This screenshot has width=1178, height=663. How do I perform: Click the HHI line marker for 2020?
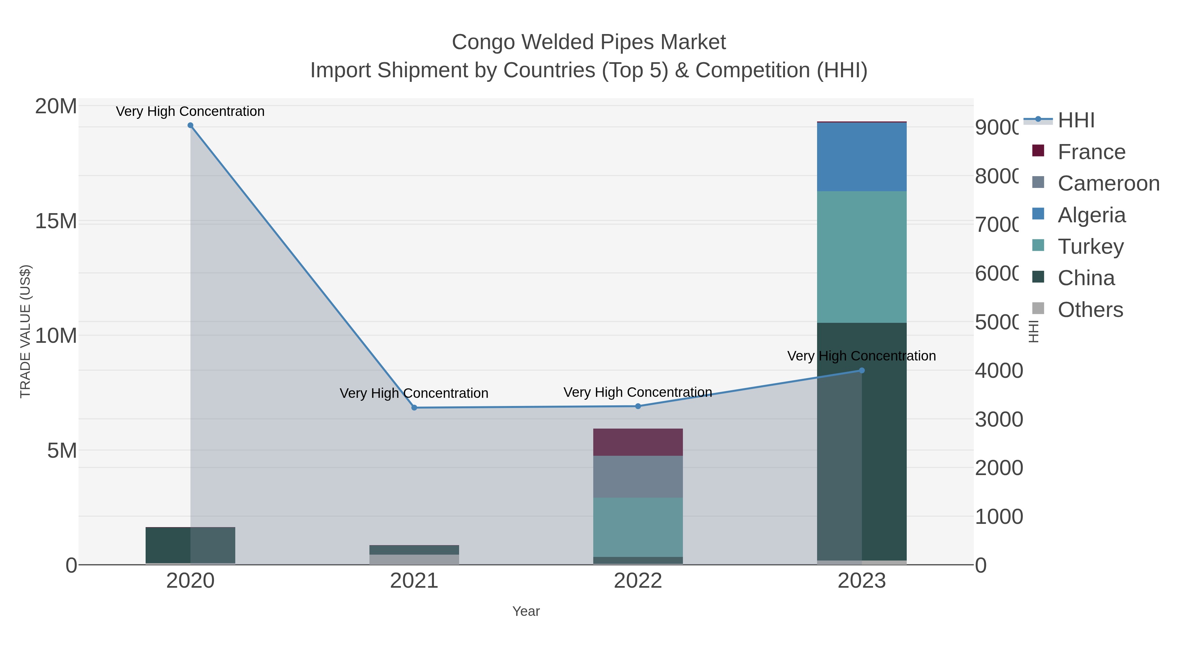coord(190,125)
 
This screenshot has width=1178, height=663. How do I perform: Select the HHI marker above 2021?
coord(414,407)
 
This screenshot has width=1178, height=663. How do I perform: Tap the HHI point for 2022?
coord(638,406)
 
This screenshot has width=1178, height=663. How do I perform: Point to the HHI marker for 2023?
coord(862,370)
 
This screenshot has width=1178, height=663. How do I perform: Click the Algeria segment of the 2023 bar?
coord(862,157)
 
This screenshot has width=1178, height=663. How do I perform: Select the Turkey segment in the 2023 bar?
coord(862,257)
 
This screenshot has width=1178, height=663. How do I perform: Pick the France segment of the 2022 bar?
coord(638,442)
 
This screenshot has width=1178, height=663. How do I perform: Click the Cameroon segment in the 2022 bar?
coord(638,476)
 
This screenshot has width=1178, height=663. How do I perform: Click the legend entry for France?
coord(1091,152)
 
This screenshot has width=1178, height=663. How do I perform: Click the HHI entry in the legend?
coord(1076,120)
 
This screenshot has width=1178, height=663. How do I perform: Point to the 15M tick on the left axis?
coord(56,221)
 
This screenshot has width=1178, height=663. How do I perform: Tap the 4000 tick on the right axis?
coord(999,371)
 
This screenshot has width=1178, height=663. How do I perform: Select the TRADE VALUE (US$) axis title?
coord(25,331)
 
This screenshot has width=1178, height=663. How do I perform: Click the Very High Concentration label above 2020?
coord(190,111)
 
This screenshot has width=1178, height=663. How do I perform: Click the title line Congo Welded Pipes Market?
coord(589,42)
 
